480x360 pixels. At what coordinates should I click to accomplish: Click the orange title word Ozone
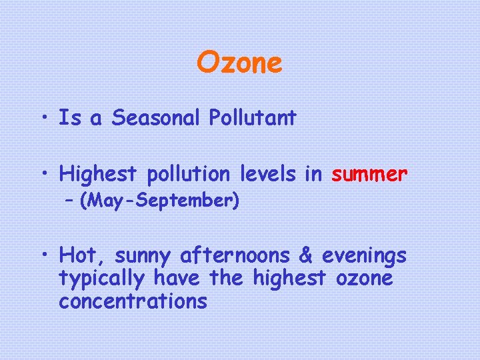239,63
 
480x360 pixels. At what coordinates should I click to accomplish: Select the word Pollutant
253,118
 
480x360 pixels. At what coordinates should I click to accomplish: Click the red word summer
369,175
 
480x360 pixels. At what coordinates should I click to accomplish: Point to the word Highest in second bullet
98,175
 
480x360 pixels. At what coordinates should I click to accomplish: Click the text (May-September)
159,201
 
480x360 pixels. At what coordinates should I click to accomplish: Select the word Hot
82,255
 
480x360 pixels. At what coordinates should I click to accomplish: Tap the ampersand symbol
305,255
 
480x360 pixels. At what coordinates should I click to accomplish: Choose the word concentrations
133,301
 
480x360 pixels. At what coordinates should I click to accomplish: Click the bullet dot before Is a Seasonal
45,119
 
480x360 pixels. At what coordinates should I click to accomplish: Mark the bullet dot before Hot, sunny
45,256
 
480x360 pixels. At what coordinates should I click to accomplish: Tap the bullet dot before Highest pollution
45,175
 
